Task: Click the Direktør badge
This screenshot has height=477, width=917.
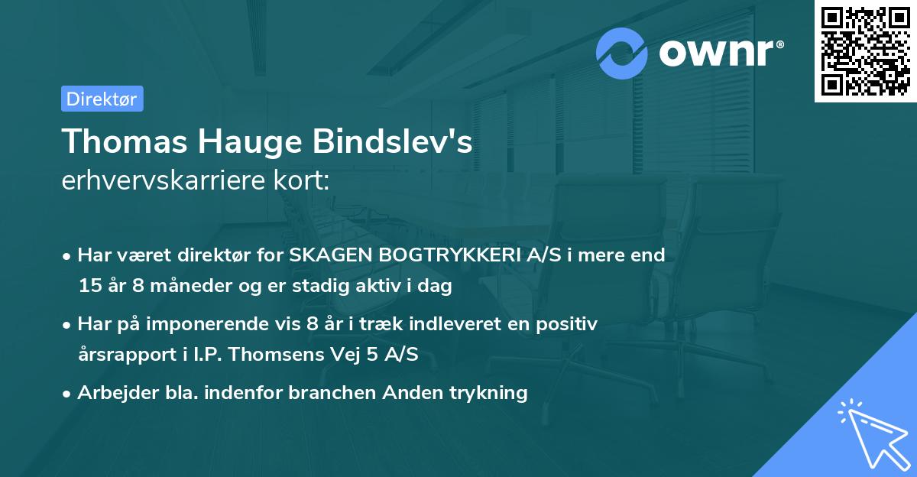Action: (102, 99)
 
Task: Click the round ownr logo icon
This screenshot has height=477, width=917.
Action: (622, 54)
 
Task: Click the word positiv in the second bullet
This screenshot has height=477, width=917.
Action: (569, 324)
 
